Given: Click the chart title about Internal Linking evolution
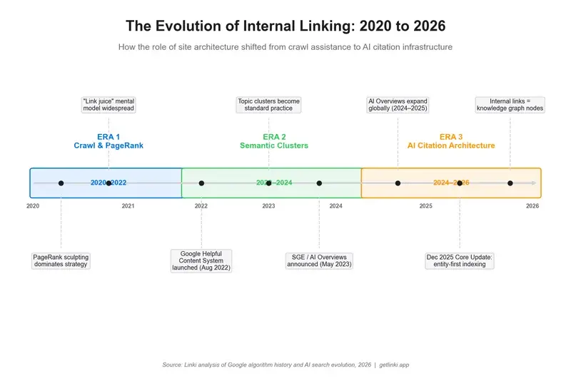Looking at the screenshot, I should (285, 26).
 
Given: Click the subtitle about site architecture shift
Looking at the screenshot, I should (285, 47).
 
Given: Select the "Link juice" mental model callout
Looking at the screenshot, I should (108, 105).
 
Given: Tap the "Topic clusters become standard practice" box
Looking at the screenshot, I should (268, 105).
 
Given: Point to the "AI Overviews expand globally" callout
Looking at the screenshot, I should (398, 105).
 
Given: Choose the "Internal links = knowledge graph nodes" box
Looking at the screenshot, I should (510, 105).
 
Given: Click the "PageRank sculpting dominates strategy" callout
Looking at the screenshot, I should (61, 260).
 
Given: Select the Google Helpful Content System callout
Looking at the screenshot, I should (201, 260).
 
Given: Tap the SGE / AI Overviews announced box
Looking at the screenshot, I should (319, 260).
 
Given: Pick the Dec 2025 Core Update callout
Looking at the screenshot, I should (460, 260).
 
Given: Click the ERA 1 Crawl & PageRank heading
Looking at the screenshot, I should (108, 141).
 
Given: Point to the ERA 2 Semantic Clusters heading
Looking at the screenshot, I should (274, 141).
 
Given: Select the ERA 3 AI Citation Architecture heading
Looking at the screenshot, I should (451, 141).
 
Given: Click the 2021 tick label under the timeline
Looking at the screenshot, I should (128, 206).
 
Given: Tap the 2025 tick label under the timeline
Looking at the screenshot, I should (426, 206).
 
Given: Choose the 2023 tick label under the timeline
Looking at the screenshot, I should (268, 206).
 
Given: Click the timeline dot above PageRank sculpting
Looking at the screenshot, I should (61, 183).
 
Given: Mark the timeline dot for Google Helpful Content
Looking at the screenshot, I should (201, 183).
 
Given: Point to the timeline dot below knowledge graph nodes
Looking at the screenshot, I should (510, 183).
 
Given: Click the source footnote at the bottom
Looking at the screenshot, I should (285, 365).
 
